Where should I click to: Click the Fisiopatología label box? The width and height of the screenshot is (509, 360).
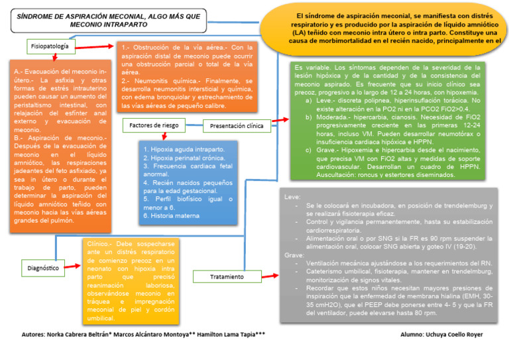coord(50,46)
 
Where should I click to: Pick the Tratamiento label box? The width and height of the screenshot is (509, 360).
coord(226,276)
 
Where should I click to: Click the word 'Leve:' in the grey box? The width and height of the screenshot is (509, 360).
coord(292,198)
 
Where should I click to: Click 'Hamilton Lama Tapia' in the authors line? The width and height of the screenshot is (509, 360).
coord(229,335)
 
